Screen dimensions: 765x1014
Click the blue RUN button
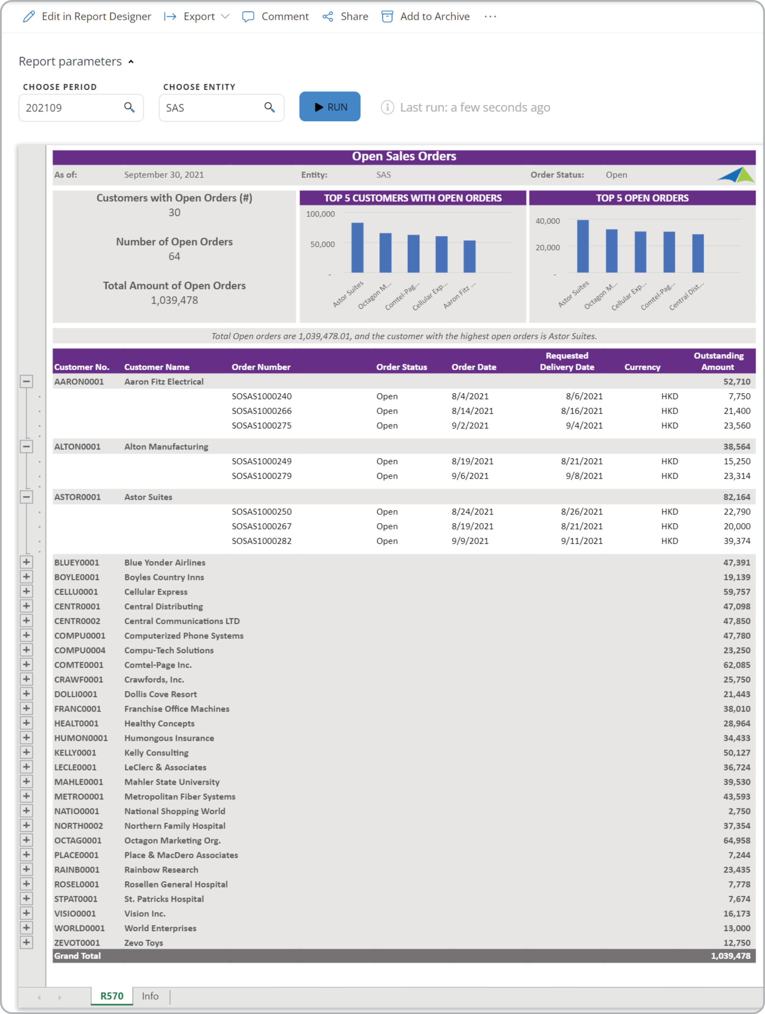(330, 107)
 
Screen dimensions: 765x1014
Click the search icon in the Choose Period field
(130, 107)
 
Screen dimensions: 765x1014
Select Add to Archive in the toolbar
(426, 17)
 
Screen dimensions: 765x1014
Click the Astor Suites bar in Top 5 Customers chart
(357, 248)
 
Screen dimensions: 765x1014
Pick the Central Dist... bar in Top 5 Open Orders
(698, 253)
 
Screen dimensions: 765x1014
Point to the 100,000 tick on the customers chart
(321, 214)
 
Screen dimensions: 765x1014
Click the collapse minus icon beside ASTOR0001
(27, 497)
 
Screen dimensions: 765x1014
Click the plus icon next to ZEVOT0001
(27, 942)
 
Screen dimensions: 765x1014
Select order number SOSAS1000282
(262, 541)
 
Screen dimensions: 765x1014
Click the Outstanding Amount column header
(718, 361)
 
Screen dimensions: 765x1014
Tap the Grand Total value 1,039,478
(731, 956)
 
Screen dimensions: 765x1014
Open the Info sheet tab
(150, 996)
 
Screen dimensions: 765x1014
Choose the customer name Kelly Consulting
(156, 753)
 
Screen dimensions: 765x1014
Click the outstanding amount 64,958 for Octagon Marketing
(737, 840)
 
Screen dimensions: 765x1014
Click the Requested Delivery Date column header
(567, 361)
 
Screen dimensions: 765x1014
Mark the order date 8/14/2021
(472, 411)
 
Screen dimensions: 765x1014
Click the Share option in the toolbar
(346, 17)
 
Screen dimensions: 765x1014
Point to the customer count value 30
(175, 213)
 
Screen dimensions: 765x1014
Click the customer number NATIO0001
(76, 811)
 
